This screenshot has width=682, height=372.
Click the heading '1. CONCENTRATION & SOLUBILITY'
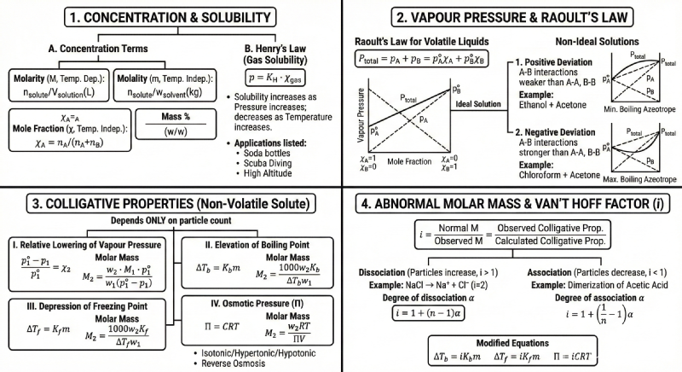point(170,18)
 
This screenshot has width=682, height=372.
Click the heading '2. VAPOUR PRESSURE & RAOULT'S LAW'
point(512,18)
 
